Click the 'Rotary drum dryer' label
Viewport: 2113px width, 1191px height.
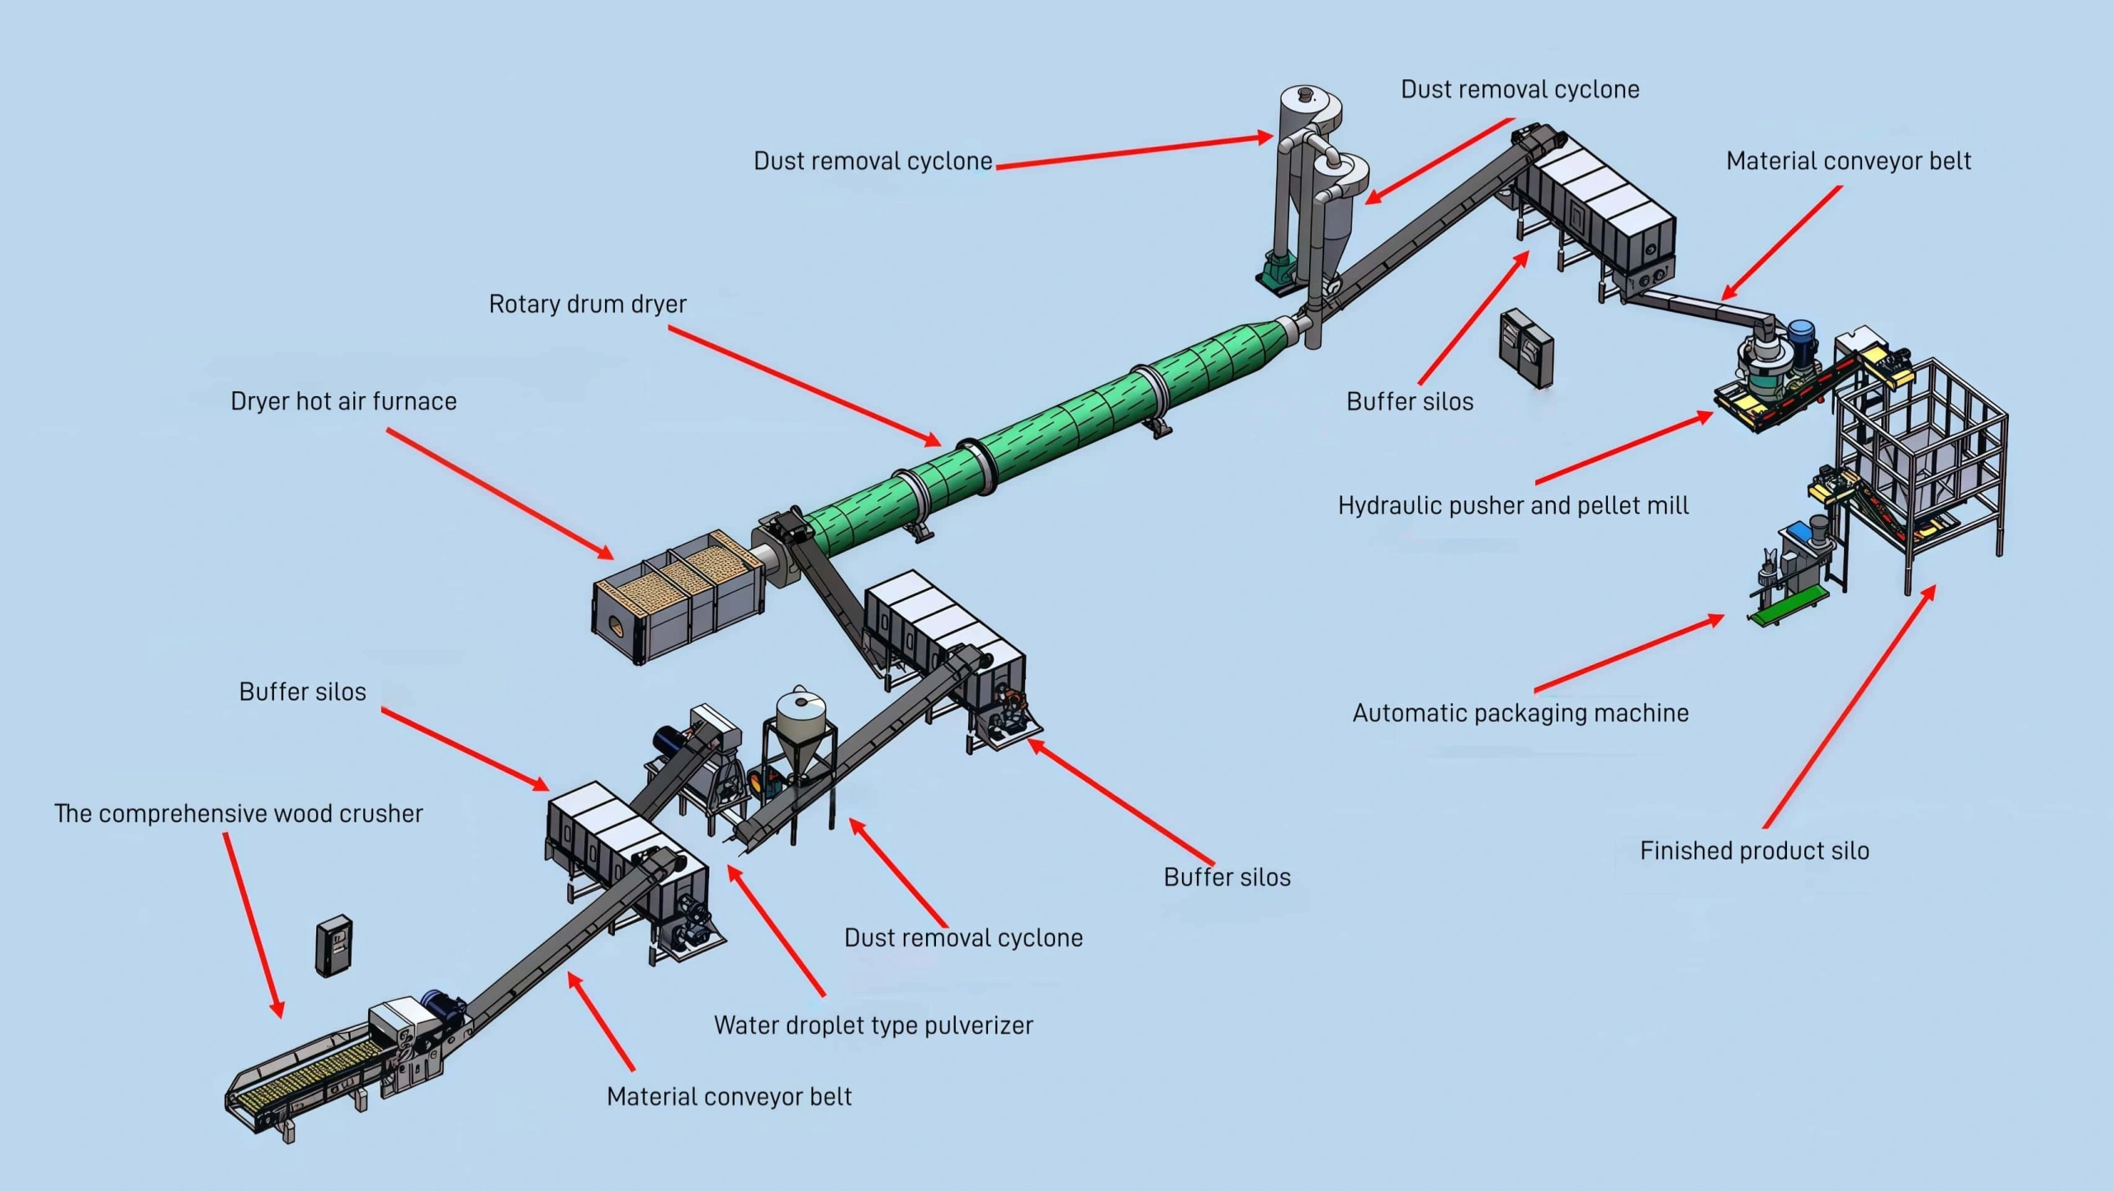coord(587,305)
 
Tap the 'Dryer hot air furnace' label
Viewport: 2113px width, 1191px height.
coord(343,402)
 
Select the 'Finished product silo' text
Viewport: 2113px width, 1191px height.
coord(1754,851)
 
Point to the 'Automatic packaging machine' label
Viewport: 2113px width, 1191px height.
coord(1520,713)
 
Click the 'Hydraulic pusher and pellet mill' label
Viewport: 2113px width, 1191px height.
coord(1513,506)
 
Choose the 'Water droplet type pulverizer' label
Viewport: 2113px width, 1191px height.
coord(872,1026)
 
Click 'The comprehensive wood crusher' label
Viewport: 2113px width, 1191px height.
coord(239,814)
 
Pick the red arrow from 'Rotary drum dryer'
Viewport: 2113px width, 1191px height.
coord(805,385)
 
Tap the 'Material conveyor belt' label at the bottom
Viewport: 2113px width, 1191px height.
coord(729,1097)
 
